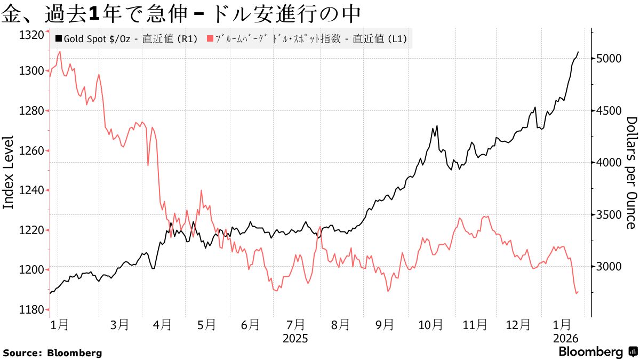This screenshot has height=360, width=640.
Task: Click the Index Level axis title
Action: (x=9, y=172)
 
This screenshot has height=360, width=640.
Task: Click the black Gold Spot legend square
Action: (x=59, y=39)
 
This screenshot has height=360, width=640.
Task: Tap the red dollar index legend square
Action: (x=210, y=39)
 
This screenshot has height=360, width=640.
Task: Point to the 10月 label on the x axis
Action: (x=430, y=324)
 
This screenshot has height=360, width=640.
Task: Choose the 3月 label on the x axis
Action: (x=121, y=324)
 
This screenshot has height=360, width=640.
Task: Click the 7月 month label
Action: (x=295, y=324)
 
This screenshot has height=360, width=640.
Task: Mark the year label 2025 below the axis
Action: (x=295, y=338)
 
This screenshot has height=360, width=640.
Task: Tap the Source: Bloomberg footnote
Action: (x=52, y=353)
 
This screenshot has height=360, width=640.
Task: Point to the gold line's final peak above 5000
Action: (x=579, y=52)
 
